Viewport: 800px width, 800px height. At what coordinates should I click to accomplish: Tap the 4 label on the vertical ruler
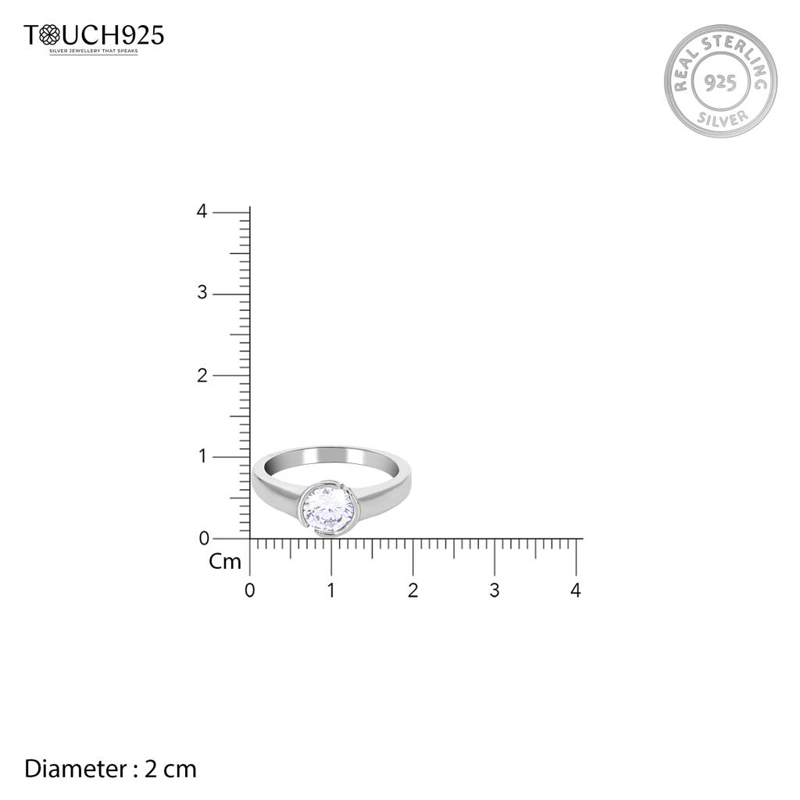(x=202, y=211)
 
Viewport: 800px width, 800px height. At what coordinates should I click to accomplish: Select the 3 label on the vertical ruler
(x=202, y=293)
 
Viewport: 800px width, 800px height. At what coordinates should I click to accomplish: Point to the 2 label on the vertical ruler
(x=202, y=376)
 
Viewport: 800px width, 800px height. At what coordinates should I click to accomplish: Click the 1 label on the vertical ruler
(x=203, y=456)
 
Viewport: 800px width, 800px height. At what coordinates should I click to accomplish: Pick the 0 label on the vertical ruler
(x=204, y=538)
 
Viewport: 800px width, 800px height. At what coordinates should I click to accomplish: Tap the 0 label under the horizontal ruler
(x=249, y=591)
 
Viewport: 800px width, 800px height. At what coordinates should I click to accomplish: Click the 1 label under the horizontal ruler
(x=331, y=591)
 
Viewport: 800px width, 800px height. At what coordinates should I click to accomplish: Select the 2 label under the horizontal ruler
(x=412, y=591)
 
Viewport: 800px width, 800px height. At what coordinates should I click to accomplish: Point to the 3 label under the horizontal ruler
(x=495, y=591)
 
